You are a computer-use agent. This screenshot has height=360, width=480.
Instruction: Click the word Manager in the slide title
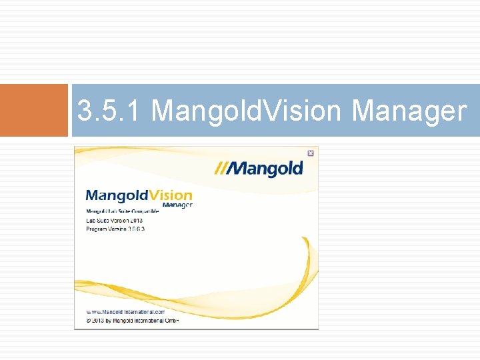409,111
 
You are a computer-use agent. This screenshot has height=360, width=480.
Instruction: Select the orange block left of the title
34,110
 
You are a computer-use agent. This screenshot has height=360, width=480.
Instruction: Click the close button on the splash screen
310,153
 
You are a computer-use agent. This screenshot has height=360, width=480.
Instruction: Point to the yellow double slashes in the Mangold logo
221,169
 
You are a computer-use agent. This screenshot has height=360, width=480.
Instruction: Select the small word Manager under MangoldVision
177,205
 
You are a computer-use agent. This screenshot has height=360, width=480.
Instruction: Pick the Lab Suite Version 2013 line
114,220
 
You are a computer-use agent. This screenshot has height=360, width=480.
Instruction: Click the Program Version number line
115,229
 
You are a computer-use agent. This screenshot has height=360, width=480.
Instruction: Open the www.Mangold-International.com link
125,311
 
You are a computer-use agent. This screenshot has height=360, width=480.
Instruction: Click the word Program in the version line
97,229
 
